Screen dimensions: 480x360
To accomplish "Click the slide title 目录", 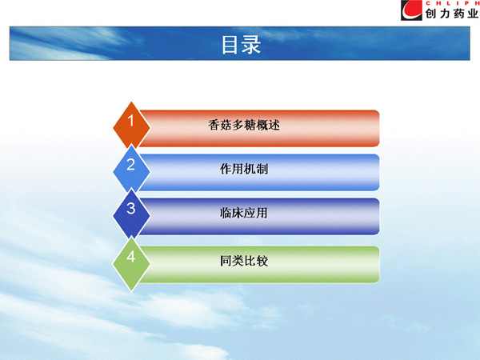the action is click(x=242, y=45).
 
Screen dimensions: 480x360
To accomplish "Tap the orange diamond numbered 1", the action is click(x=131, y=126).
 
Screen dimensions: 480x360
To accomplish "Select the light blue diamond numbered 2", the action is click(x=131, y=170).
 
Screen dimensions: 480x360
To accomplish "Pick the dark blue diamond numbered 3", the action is click(x=131, y=214).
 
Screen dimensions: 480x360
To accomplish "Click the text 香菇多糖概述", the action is click(x=244, y=125).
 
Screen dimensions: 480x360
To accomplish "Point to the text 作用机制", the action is click(x=244, y=169).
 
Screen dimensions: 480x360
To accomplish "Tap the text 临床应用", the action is click(x=244, y=213).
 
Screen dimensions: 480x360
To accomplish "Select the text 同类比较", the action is click(x=244, y=261).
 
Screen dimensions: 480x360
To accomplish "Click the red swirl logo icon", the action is click(x=411, y=10).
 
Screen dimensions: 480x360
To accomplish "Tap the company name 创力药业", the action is click(x=452, y=14).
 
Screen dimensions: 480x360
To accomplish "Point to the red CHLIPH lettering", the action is click(x=453, y=3).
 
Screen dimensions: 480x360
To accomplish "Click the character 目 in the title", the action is click(x=230, y=45).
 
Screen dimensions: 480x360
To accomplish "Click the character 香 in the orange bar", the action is click(x=214, y=125).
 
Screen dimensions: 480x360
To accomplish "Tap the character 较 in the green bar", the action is click(x=262, y=261).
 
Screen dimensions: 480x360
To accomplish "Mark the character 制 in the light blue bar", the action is click(x=262, y=169).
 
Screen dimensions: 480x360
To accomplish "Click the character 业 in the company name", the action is click(x=473, y=14).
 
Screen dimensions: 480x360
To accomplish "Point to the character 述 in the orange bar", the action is click(x=274, y=125).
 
